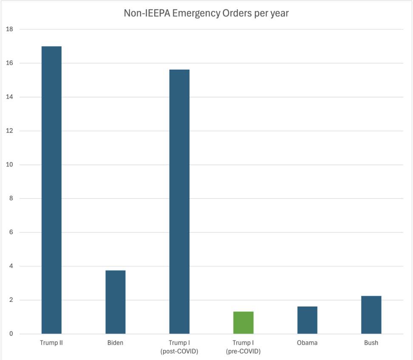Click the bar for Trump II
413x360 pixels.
point(51,190)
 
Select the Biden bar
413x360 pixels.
point(115,302)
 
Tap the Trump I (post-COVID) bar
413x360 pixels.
point(179,202)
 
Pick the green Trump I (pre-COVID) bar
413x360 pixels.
point(243,323)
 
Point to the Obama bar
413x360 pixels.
point(307,320)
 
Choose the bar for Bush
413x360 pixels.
point(371,315)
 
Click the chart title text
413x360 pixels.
point(206,13)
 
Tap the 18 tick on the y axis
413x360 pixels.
point(9,29)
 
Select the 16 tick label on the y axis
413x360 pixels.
point(9,63)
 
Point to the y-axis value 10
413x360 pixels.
point(9,165)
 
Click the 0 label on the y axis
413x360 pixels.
point(11,334)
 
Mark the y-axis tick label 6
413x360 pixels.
point(11,232)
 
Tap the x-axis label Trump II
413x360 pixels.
point(51,343)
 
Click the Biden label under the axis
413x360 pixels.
point(115,343)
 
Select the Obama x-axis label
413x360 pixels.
point(307,343)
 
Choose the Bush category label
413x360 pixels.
point(371,343)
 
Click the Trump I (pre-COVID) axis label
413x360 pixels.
point(243,347)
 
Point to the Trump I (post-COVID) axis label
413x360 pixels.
point(179,347)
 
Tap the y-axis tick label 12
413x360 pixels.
point(9,131)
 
